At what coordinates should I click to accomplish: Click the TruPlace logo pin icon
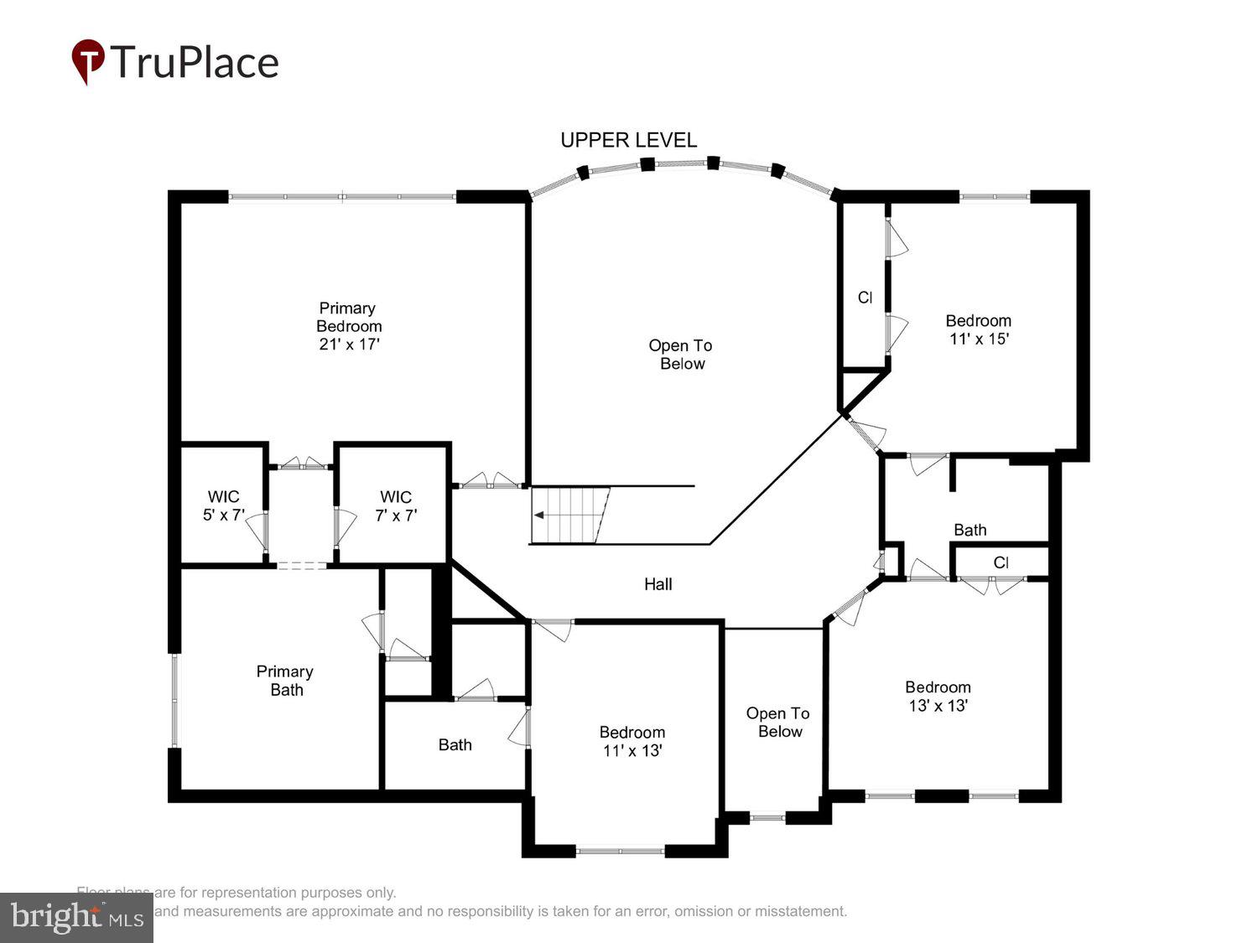(x=87, y=61)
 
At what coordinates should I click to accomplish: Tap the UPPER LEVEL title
(x=628, y=140)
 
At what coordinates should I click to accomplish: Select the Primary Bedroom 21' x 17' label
(x=349, y=326)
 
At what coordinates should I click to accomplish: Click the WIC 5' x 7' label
(x=222, y=506)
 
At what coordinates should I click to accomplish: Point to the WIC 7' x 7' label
(x=396, y=506)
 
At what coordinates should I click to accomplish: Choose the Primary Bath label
(x=285, y=681)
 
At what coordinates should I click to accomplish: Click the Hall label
(x=658, y=584)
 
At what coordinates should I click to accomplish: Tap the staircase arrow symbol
(x=542, y=515)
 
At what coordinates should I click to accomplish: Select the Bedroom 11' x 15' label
(x=978, y=329)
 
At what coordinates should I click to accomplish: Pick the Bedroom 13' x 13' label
(x=938, y=696)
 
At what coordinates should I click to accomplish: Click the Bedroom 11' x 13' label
(x=632, y=741)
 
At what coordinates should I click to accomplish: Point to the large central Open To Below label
(x=680, y=355)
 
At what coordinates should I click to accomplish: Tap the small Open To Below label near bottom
(x=778, y=722)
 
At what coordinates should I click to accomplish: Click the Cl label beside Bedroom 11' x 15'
(x=865, y=298)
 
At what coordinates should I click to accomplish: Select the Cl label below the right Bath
(x=1001, y=562)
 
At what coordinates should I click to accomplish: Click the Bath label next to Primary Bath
(x=455, y=744)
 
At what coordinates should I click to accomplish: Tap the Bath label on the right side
(x=969, y=530)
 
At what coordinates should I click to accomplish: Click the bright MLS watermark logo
(x=76, y=917)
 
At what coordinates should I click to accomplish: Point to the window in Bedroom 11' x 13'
(x=621, y=851)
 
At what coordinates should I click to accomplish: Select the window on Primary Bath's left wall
(x=174, y=700)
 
